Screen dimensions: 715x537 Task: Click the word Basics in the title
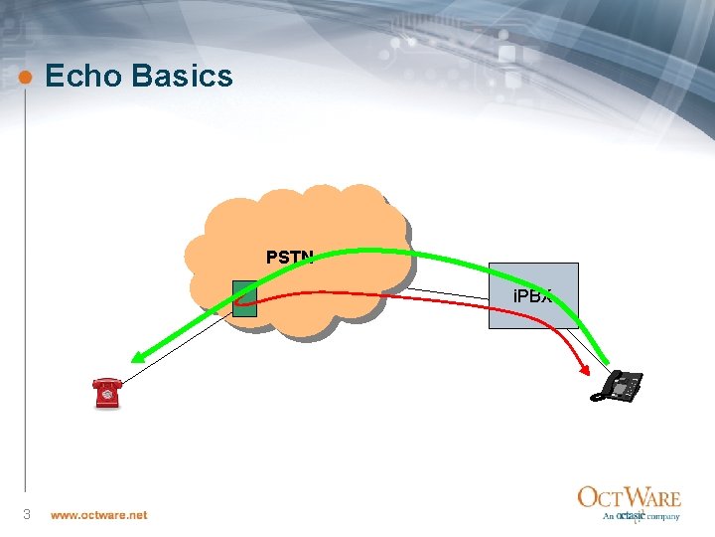click(183, 77)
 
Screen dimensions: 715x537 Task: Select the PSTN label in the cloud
click(289, 258)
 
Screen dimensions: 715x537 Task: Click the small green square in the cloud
click(244, 298)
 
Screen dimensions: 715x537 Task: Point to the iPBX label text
click(531, 296)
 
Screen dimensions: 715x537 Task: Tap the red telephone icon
click(105, 393)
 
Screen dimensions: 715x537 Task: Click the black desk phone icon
click(619, 385)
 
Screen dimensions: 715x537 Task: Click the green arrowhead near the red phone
click(140, 360)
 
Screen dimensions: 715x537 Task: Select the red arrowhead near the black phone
click(582, 371)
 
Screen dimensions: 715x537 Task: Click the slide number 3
click(27, 514)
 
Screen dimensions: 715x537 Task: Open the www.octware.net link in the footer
click(98, 515)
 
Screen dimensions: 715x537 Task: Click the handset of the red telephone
click(104, 382)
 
